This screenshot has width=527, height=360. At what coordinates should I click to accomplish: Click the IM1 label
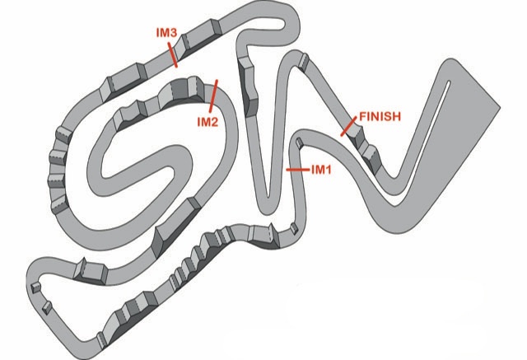[x=321, y=170]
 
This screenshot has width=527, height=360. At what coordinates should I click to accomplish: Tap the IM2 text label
[x=208, y=122]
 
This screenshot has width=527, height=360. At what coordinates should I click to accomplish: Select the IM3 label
[x=166, y=33]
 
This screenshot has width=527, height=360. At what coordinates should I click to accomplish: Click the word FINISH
[x=380, y=116]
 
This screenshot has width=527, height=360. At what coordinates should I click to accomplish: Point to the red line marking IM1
[x=297, y=170]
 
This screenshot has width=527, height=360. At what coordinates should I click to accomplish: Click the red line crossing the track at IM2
[x=213, y=96]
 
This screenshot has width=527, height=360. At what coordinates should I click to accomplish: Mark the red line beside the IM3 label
[x=172, y=54]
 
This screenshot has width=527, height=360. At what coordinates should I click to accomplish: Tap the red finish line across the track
[x=348, y=126]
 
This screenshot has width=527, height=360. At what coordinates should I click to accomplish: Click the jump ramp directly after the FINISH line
[x=357, y=136]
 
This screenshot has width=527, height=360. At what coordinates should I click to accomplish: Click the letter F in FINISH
[x=363, y=116]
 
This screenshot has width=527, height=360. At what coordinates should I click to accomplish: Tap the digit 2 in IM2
[x=214, y=122]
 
